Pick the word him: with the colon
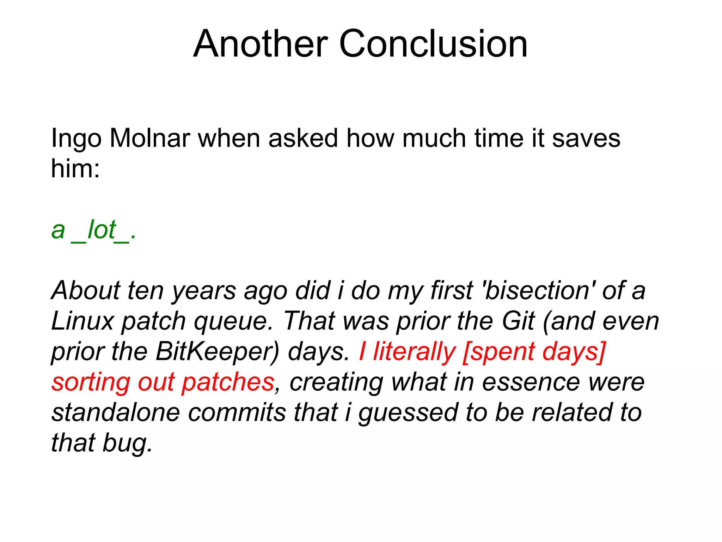coord(75,168)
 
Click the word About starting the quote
coord(86,290)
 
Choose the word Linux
coord(82,321)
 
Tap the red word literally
coord(414,352)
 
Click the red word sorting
coord(91,383)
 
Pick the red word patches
coord(228,383)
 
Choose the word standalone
coord(116,412)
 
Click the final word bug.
coord(128,444)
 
